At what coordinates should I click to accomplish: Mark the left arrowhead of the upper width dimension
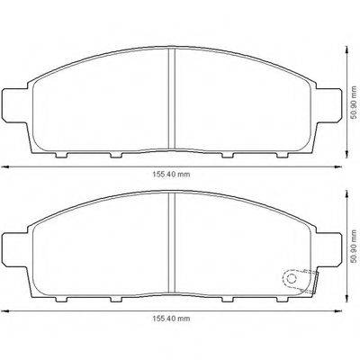coord(4,167)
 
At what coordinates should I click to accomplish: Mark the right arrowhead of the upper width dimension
coord(337,167)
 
